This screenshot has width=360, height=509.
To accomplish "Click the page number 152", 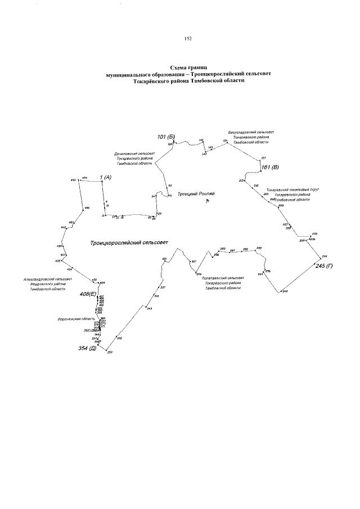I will pyautogui.click(x=188, y=39).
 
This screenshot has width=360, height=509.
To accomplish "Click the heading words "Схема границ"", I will pyautogui.click(x=188, y=67).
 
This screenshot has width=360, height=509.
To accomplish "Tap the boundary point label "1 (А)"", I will pyautogui.click(x=106, y=178).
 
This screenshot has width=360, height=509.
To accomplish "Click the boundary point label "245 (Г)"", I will pyautogui.click(x=324, y=265).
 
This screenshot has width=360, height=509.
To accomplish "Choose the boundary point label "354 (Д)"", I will pyautogui.click(x=88, y=349).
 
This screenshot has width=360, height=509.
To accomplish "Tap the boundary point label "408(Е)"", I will pyautogui.click(x=88, y=294).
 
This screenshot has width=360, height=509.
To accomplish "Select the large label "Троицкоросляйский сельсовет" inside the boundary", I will pyautogui.click(x=129, y=242).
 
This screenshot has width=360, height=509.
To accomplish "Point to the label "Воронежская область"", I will pyautogui.click(x=71, y=319).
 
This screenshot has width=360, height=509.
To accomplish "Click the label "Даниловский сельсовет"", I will pyautogui.click(x=134, y=153).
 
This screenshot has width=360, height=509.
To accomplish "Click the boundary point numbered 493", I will pyautogui.click(x=73, y=179).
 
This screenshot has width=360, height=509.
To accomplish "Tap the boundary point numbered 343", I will pyautogui.click(x=149, y=309).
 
